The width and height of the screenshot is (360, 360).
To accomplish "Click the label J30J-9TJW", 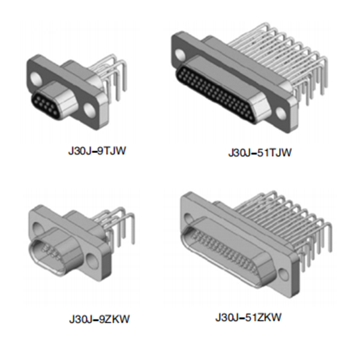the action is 97,152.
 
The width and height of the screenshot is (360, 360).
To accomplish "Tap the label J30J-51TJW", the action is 260,152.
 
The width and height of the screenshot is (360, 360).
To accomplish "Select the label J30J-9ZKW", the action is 99,319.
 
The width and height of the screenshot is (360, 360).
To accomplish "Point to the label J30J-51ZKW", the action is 248,318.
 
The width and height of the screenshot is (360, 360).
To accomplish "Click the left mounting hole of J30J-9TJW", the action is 35,78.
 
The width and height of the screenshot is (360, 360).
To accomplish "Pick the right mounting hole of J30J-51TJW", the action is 281,113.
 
